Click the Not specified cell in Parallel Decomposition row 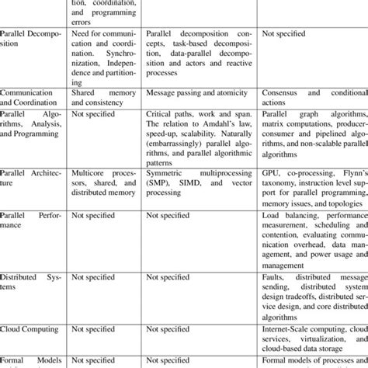click(x=283, y=34)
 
